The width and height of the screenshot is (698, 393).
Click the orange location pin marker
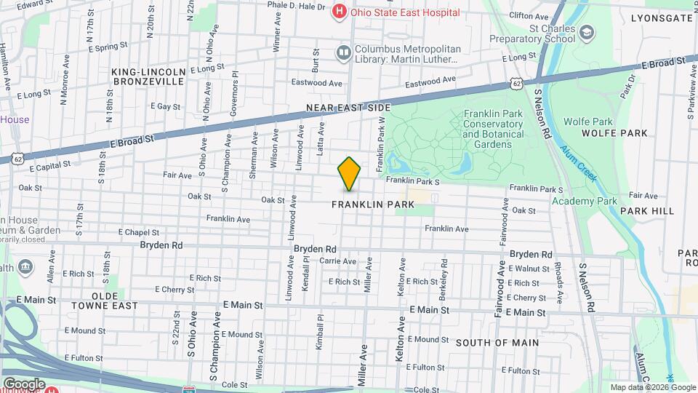click(x=349, y=174)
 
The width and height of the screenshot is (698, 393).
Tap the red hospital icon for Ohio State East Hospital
click(x=339, y=12)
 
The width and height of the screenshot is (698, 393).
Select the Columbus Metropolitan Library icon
click(x=343, y=52)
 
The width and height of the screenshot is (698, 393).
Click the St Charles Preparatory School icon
click(x=587, y=31)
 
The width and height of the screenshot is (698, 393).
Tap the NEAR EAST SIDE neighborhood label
click(x=343, y=108)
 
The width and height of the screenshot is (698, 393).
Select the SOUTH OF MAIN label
click(x=497, y=342)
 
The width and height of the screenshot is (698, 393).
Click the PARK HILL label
click(x=647, y=211)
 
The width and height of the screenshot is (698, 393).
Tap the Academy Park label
click(x=584, y=201)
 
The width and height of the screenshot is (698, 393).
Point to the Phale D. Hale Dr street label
click(x=295, y=6)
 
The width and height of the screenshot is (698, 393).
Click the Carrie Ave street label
click(x=338, y=261)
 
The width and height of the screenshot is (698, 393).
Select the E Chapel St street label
click(x=138, y=232)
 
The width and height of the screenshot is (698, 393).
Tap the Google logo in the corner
click(x=24, y=384)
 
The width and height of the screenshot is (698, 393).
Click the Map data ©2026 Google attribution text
click(x=652, y=387)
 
